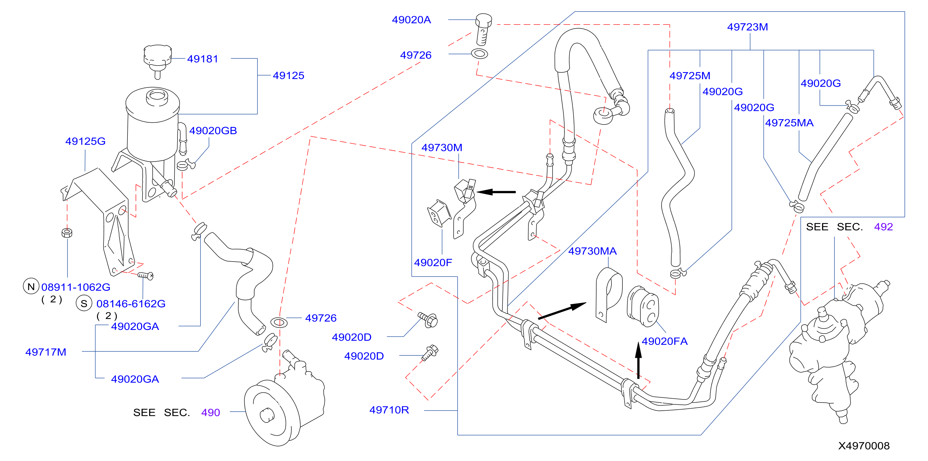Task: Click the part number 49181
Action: [x=202, y=59]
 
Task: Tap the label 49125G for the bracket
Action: [x=85, y=141]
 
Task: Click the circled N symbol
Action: [x=31, y=286]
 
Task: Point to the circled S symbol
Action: [x=84, y=304]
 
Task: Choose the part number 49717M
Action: [x=46, y=352]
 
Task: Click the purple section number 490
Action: [x=210, y=413]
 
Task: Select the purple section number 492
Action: [x=883, y=227]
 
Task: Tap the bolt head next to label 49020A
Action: [x=483, y=21]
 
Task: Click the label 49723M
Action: [x=747, y=27]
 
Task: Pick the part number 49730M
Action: [x=442, y=148]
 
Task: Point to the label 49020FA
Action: [x=665, y=341]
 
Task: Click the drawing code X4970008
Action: [x=864, y=446]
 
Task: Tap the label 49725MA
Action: [x=789, y=123]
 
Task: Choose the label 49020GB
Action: [x=213, y=131]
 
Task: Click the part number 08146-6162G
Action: [x=131, y=304]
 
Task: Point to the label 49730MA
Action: [x=593, y=251]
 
